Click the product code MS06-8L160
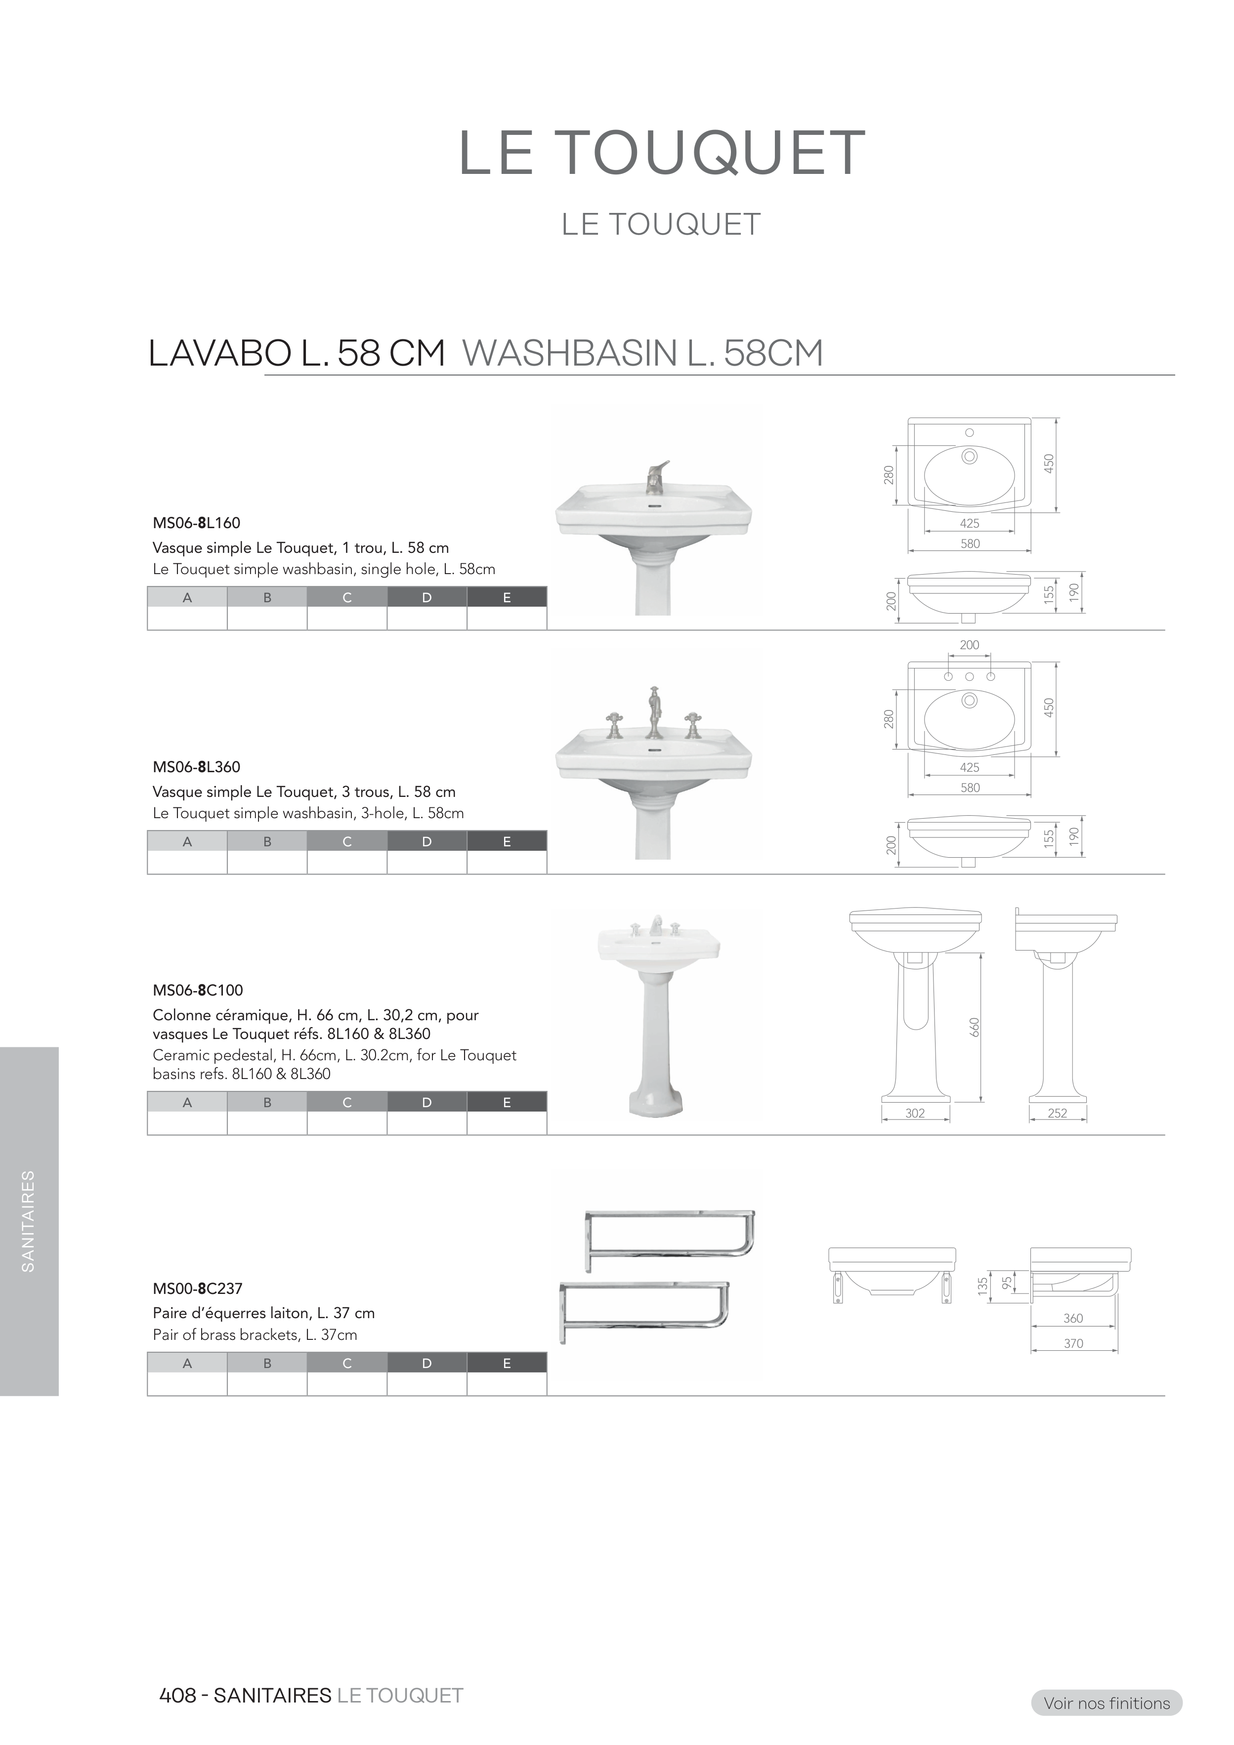tap(196, 523)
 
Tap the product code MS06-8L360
tap(196, 767)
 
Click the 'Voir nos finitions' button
tap(1106, 1703)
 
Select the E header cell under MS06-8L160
tap(507, 597)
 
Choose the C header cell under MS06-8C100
tap(347, 1103)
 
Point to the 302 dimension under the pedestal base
tap(915, 1114)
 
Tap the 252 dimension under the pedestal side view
tap(1058, 1114)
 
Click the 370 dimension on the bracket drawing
tap(1073, 1344)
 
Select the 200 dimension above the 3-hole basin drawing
tap(970, 645)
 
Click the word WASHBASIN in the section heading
tap(570, 353)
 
